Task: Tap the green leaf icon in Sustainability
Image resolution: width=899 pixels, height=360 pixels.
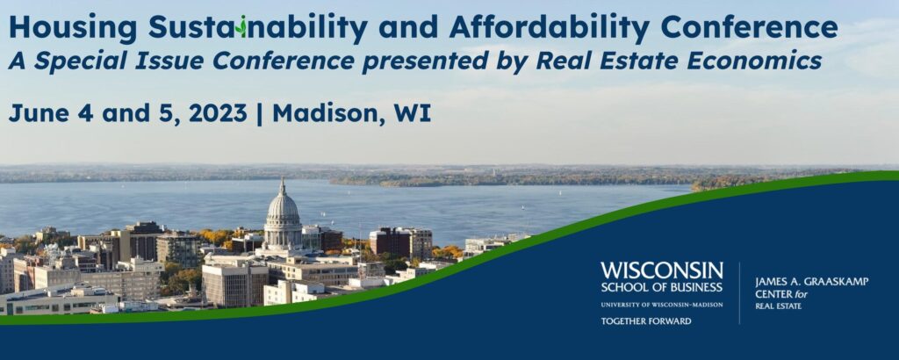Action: [x=242, y=26]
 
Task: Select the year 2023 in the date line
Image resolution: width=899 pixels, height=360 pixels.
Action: [x=218, y=113]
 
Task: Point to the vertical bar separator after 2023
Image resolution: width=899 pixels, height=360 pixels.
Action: [x=260, y=114]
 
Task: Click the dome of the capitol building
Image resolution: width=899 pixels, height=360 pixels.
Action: [x=283, y=207]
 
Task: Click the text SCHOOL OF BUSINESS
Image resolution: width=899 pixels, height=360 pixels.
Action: [x=662, y=287]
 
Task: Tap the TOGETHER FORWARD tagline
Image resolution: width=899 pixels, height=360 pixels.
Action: [x=645, y=321]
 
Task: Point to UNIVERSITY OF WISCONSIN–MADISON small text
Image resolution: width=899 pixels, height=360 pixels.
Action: [x=662, y=305]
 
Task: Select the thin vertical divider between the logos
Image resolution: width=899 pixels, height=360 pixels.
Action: [x=739, y=293]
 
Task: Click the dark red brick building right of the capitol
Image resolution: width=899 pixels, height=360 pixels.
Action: [x=389, y=243]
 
